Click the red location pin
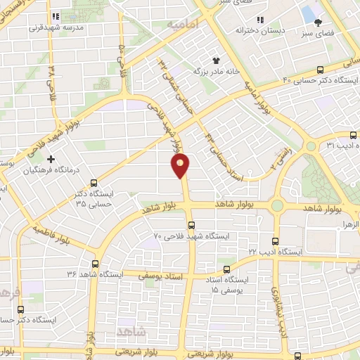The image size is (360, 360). click(x=181, y=165)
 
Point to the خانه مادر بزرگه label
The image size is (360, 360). click(x=218, y=71)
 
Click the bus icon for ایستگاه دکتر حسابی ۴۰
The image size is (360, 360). click(x=321, y=69)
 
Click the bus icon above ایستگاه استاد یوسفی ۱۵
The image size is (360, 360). click(x=226, y=269)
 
